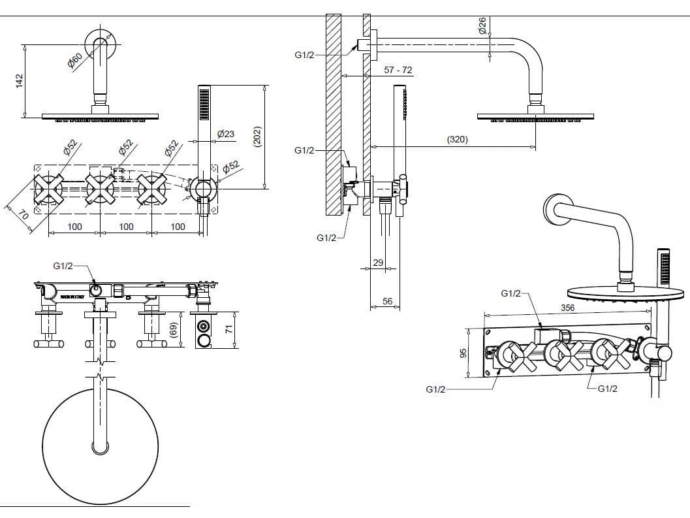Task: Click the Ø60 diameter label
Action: pos(74,61)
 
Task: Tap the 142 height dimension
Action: pos(20,80)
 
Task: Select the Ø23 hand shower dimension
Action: pos(225,134)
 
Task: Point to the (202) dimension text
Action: pos(257,137)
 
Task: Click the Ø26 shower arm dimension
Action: pos(482,26)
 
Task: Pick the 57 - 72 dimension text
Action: pos(398,70)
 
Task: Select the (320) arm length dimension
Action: pos(457,139)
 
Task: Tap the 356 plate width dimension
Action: pos(567,307)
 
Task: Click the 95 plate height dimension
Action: pos(463,353)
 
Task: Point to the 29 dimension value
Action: pos(378,263)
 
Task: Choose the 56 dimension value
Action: pos(388,301)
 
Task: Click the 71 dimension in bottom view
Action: pos(228,329)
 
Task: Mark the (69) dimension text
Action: pos(174,331)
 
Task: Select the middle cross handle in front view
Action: pos(100,189)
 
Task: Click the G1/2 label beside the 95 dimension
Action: pos(435,389)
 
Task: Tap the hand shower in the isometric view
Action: pos(663,268)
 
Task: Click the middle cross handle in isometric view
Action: pos(561,355)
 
